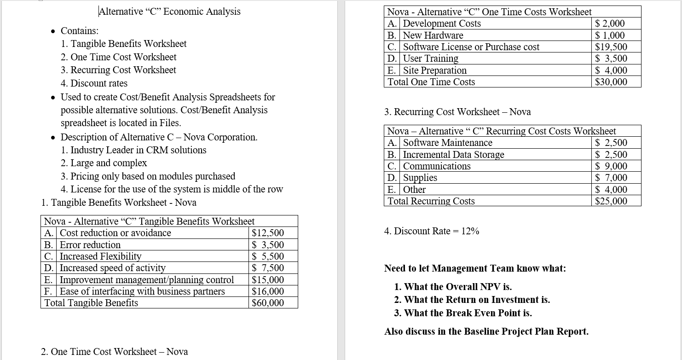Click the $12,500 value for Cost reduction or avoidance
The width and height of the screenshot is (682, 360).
pos(268,233)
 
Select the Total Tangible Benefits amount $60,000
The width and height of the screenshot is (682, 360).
pos(268,303)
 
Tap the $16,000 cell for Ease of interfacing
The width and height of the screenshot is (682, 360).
pos(268,291)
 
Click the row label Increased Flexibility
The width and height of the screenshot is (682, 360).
pos(101,256)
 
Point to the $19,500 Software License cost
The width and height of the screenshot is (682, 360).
pos(611,47)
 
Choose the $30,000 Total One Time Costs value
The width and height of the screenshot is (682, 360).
pos(611,82)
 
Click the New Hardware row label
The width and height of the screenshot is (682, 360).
pos(433,35)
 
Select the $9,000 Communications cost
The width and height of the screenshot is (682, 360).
pos(611,166)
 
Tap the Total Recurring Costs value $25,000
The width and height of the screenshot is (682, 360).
pos(611,201)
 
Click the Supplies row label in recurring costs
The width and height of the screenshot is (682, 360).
pos(420,178)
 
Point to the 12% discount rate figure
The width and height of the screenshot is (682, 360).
pos(470,231)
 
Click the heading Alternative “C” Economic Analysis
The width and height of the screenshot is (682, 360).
pos(170,12)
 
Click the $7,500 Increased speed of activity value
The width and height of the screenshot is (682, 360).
pos(268,268)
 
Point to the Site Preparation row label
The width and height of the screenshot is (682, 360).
pos(434,70)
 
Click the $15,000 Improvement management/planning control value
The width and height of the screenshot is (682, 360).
pos(268,280)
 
